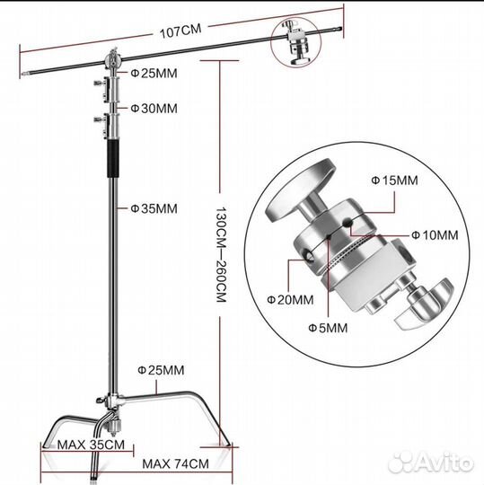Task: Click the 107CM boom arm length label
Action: point(180,31)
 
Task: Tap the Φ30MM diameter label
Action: point(154,109)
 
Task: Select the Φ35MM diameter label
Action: point(154,208)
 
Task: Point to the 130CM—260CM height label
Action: point(221,254)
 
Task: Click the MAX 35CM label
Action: point(91,445)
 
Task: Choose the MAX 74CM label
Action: point(175,463)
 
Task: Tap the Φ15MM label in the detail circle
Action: point(394,181)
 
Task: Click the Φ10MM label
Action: point(435,235)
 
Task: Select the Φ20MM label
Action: point(290,300)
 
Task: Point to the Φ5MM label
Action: point(328,328)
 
